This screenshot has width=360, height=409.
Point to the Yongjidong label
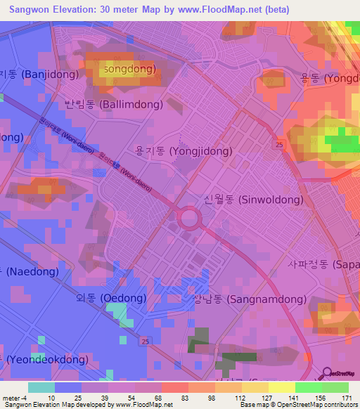click(184, 150)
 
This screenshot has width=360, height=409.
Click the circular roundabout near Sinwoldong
click(190, 218)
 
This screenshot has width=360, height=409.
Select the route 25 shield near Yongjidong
click(280, 144)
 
